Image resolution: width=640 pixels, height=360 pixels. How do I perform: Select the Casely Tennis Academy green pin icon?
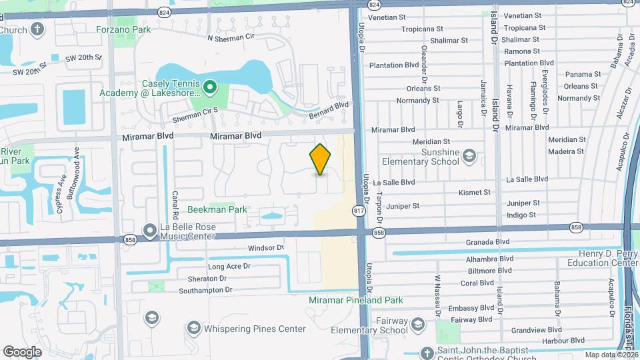point(210,87)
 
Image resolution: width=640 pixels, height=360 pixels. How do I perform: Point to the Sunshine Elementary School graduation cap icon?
point(469,155)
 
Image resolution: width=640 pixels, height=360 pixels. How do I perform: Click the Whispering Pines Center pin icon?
point(193,327)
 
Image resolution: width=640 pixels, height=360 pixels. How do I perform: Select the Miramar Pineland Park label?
point(356,300)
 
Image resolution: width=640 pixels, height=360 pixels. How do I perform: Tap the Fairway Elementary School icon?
point(418,325)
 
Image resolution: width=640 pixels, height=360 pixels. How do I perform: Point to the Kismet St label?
point(474,192)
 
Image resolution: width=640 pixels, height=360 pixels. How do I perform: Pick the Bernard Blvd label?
point(329,109)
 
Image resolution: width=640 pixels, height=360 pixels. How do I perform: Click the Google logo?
point(22,351)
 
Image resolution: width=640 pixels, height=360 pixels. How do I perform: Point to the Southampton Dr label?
point(206,290)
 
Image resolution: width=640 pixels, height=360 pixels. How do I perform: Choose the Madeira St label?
point(566,151)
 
